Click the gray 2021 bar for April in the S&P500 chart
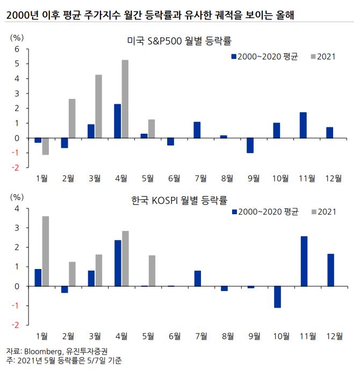click(125, 99)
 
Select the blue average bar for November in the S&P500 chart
click(303, 125)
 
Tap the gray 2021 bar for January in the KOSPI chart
click(46, 251)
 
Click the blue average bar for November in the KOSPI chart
click(304, 261)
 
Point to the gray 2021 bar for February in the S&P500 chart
click(72, 118)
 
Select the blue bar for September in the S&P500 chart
click(250, 146)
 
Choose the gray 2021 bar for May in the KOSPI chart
click(151, 271)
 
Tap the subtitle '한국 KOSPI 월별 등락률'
click(179, 200)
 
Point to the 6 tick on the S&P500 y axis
click(17, 49)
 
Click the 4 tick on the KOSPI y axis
click(17, 208)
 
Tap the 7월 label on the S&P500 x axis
click(200, 178)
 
